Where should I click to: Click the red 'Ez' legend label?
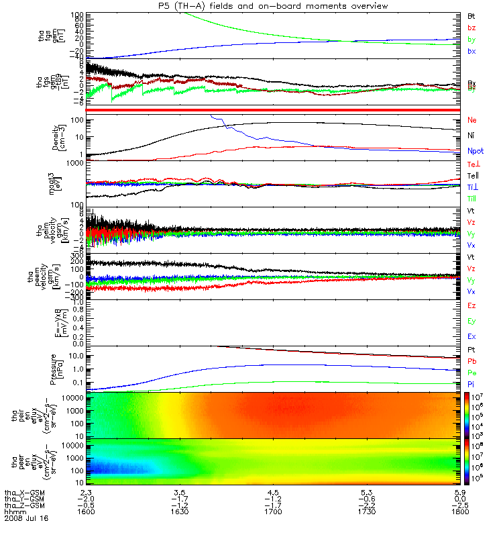tap(472, 305)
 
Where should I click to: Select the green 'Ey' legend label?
tap(472, 322)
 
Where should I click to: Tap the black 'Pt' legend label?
tap(471, 350)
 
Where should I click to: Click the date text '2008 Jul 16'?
tap(23, 519)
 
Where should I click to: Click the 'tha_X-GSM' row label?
tap(23, 492)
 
